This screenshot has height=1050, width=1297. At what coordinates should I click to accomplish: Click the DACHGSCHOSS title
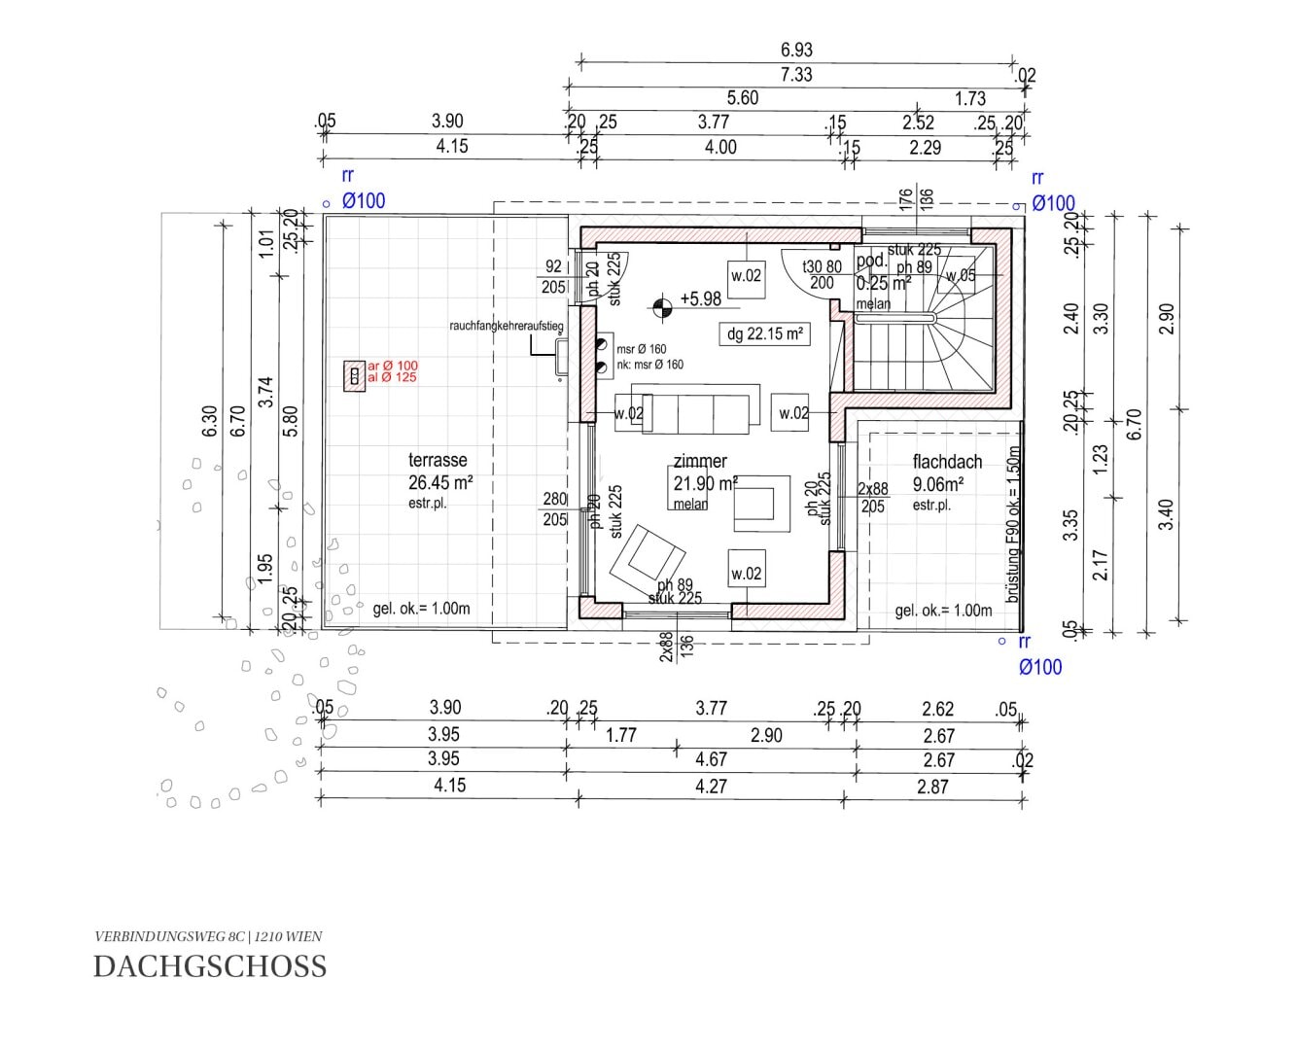pyautogui.click(x=210, y=966)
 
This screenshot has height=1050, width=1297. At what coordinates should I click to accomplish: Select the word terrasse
pyautogui.click(x=438, y=460)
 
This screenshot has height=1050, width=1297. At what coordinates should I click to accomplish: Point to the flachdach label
pyautogui.click(x=947, y=462)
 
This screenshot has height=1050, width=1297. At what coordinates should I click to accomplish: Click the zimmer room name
pyautogui.click(x=700, y=462)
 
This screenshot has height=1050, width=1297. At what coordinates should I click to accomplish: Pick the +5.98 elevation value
pyautogui.click(x=700, y=299)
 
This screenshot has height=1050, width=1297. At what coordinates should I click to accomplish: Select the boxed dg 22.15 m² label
pyautogui.click(x=764, y=334)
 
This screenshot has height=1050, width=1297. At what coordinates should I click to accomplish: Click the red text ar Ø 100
pyautogui.click(x=392, y=366)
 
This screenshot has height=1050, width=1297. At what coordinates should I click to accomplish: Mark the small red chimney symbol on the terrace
pyautogui.click(x=355, y=374)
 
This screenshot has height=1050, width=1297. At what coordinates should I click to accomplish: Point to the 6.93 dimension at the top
pyautogui.click(x=796, y=50)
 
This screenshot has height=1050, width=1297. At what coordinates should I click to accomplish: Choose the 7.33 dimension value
pyautogui.click(x=796, y=75)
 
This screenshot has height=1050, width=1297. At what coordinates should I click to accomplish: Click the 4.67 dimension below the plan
pyautogui.click(x=712, y=760)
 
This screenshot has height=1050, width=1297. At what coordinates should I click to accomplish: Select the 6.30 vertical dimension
pyautogui.click(x=209, y=421)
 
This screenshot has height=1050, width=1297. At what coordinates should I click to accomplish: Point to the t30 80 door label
pyautogui.click(x=822, y=266)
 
